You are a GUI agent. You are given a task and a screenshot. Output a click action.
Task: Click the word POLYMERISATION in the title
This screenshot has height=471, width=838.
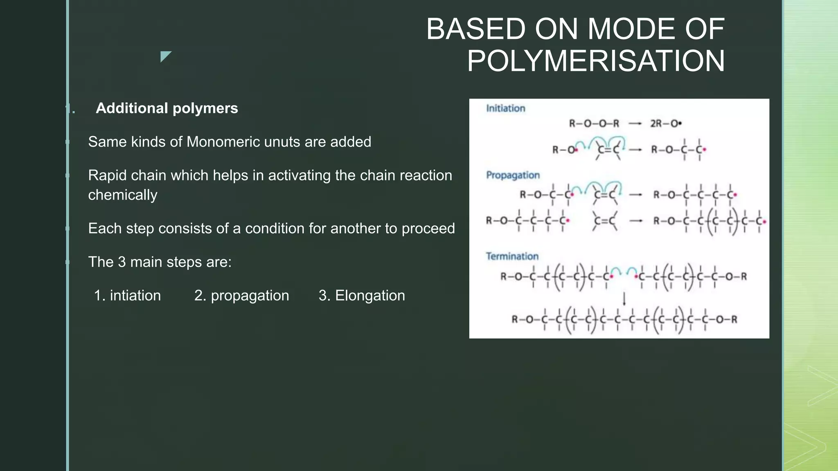pyautogui.click(x=596, y=61)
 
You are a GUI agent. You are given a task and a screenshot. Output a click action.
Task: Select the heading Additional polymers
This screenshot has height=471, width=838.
pyautogui.click(x=167, y=108)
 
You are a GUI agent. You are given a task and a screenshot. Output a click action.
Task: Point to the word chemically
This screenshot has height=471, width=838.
pyautogui.click(x=122, y=195)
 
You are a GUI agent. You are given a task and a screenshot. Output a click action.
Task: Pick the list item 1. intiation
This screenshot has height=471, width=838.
pyautogui.click(x=127, y=296)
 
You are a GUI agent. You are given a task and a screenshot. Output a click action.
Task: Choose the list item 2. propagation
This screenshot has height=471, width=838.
pyautogui.click(x=241, y=296)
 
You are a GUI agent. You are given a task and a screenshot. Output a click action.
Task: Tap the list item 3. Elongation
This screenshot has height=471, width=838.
pyautogui.click(x=362, y=296)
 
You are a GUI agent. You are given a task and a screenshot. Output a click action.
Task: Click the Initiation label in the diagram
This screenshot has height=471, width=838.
pyautogui.click(x=505, y=108)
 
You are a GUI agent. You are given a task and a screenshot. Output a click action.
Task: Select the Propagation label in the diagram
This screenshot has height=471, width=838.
pyautogui.click(x=513, y=175)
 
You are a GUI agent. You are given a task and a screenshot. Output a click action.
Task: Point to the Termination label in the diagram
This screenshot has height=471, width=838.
pyautogui.click(x=512, y=256)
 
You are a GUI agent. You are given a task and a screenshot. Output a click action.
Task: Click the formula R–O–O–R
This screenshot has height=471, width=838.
pyautogui.click(x=594, y=123)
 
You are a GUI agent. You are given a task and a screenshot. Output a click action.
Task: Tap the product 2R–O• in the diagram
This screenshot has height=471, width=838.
pyautogui.click(x=666, y=123)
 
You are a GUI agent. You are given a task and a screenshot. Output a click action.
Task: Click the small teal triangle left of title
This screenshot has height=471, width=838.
pyautogui.click(x=165, y=56)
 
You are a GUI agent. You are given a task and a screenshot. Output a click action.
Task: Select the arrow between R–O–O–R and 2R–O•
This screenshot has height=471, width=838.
pyautogui.click(x=635, y=123)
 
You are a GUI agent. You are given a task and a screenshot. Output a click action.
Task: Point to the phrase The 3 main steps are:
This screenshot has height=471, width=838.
pyautogui.click(x=160, y=262)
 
